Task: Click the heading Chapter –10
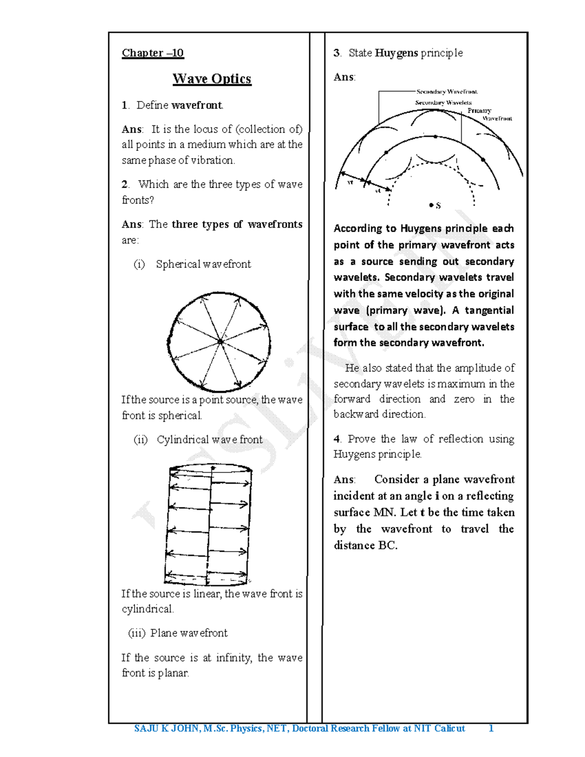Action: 153,53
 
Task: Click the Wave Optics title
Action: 212,79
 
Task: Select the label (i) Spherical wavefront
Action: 193,264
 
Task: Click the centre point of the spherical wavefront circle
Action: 220,342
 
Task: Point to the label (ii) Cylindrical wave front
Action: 198,440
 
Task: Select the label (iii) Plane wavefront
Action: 178,633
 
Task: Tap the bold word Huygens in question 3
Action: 396,53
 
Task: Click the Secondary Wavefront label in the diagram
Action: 447,92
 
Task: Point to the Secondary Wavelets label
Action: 443,103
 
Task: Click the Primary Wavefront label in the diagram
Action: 489,115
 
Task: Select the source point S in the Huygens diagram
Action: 431,206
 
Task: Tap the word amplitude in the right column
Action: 478,368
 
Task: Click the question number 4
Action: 337,439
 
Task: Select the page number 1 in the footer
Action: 491,729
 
